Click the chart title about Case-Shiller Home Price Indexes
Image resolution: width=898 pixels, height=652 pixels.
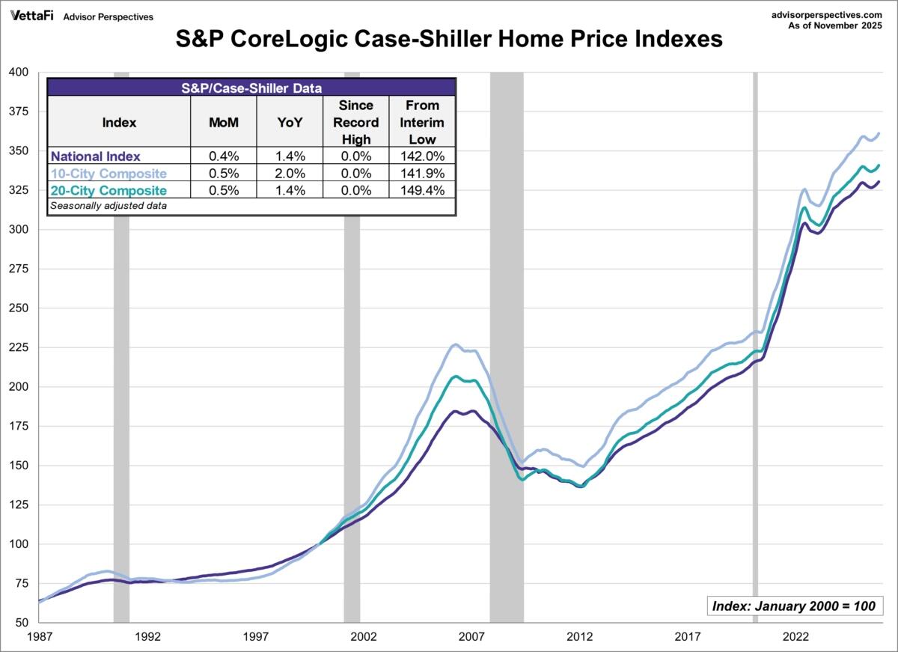[449, 39]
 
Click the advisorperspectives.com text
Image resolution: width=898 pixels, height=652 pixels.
[830, 14]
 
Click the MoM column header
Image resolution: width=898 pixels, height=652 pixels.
[223, 123]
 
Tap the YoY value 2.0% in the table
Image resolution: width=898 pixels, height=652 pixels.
[289, 174]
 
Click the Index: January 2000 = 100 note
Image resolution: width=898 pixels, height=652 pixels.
[795, 606]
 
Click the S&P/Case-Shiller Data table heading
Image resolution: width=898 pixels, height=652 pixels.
[251, 88]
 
